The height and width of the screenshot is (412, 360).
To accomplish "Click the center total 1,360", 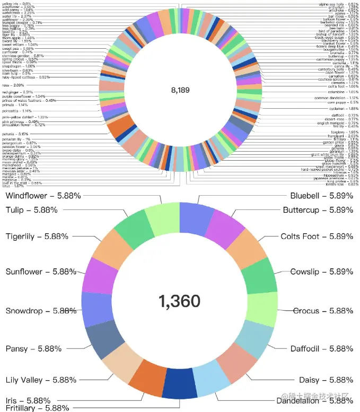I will point(179,301).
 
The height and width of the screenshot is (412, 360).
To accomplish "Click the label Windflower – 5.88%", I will point(43,196).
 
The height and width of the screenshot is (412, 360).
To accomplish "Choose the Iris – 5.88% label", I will point(28,400).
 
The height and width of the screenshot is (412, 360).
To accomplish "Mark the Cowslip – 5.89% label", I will point(322,272).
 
